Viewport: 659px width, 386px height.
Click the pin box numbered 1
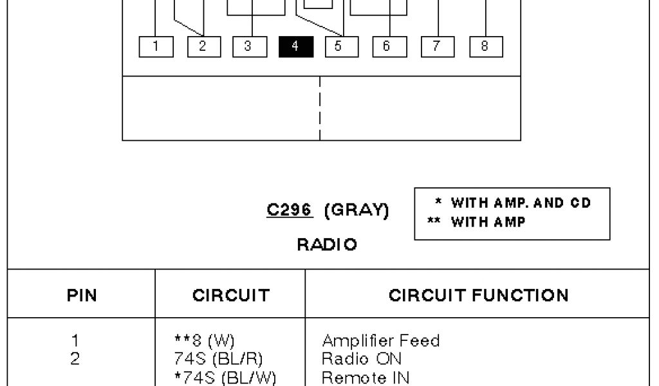tap(156, 46)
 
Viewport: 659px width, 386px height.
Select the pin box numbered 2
tap(203, 46)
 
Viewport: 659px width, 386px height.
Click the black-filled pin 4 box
tap(296, 46)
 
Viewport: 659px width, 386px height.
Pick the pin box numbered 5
tap(342, 46)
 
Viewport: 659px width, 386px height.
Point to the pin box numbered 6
tap(390, 46)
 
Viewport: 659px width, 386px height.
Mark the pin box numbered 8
tap(486, 46)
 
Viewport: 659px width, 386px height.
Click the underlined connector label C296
tap(290, 210)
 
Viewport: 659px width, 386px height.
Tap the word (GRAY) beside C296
tap(357, 210)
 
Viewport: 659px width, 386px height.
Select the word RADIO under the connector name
tap(327, 244)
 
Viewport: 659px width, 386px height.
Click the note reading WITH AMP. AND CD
tap(520, 203)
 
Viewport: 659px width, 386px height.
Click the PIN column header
tap(82, 295)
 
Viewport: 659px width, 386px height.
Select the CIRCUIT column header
tap(230, 295)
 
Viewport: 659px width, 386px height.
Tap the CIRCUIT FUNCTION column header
tap(478, 295)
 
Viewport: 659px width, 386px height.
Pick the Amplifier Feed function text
tap(380, 341)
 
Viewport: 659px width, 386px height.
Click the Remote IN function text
tap(365, 378)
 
